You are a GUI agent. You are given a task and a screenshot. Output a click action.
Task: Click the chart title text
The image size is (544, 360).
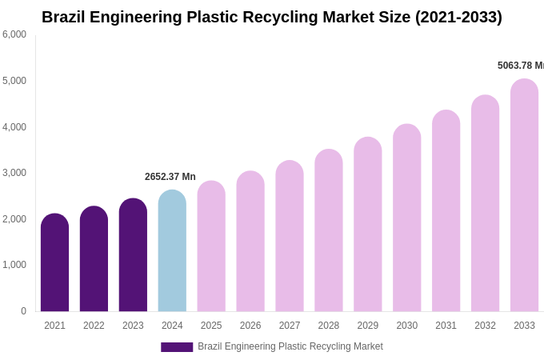272,17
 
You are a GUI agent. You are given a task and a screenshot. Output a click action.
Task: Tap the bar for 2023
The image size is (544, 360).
133,255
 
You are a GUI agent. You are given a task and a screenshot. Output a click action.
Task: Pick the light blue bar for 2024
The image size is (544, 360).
172,251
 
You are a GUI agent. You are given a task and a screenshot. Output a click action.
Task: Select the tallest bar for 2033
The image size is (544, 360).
524,195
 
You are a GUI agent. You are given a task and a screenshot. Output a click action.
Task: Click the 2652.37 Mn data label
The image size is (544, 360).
170,177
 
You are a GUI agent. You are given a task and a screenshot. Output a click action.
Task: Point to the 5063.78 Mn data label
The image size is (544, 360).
520,66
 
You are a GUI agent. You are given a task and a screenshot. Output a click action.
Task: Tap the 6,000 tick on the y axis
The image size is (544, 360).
14,34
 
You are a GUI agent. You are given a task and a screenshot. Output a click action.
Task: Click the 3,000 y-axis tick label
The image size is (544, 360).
14,173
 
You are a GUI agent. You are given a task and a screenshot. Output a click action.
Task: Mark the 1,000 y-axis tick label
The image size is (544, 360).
14,265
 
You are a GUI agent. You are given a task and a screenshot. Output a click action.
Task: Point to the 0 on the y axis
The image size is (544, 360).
23,311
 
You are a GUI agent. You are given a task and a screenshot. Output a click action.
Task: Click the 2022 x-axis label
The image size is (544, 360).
94,326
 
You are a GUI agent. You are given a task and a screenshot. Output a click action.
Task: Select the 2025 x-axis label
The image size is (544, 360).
211,326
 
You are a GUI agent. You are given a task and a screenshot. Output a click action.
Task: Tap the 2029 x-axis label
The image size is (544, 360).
368,326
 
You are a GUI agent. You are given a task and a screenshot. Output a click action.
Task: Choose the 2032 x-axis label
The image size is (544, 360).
485,326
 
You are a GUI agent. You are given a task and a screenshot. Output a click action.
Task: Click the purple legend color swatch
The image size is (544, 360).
177,347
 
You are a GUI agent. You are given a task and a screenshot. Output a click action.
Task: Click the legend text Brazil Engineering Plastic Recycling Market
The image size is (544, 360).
290,346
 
